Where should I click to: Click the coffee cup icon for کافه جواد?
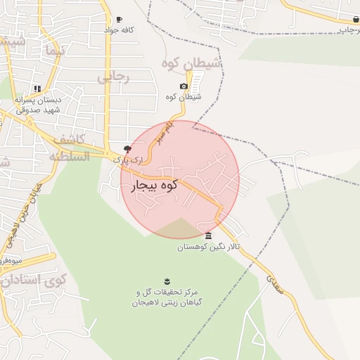pos(119,20)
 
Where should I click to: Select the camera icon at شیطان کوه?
pos(184,86)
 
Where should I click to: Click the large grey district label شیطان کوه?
pos(191,64)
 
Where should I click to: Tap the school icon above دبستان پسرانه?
pos(37,89)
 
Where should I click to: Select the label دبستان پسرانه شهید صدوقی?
pos(39,105)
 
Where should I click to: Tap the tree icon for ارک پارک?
pos(127,149)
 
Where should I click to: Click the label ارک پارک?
pos(127,160)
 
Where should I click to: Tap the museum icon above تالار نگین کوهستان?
pos(208,235)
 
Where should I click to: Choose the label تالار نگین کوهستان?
pos(208,247)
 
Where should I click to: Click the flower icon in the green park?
pos(167,281)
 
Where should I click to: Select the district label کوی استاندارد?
pos(32,280)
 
